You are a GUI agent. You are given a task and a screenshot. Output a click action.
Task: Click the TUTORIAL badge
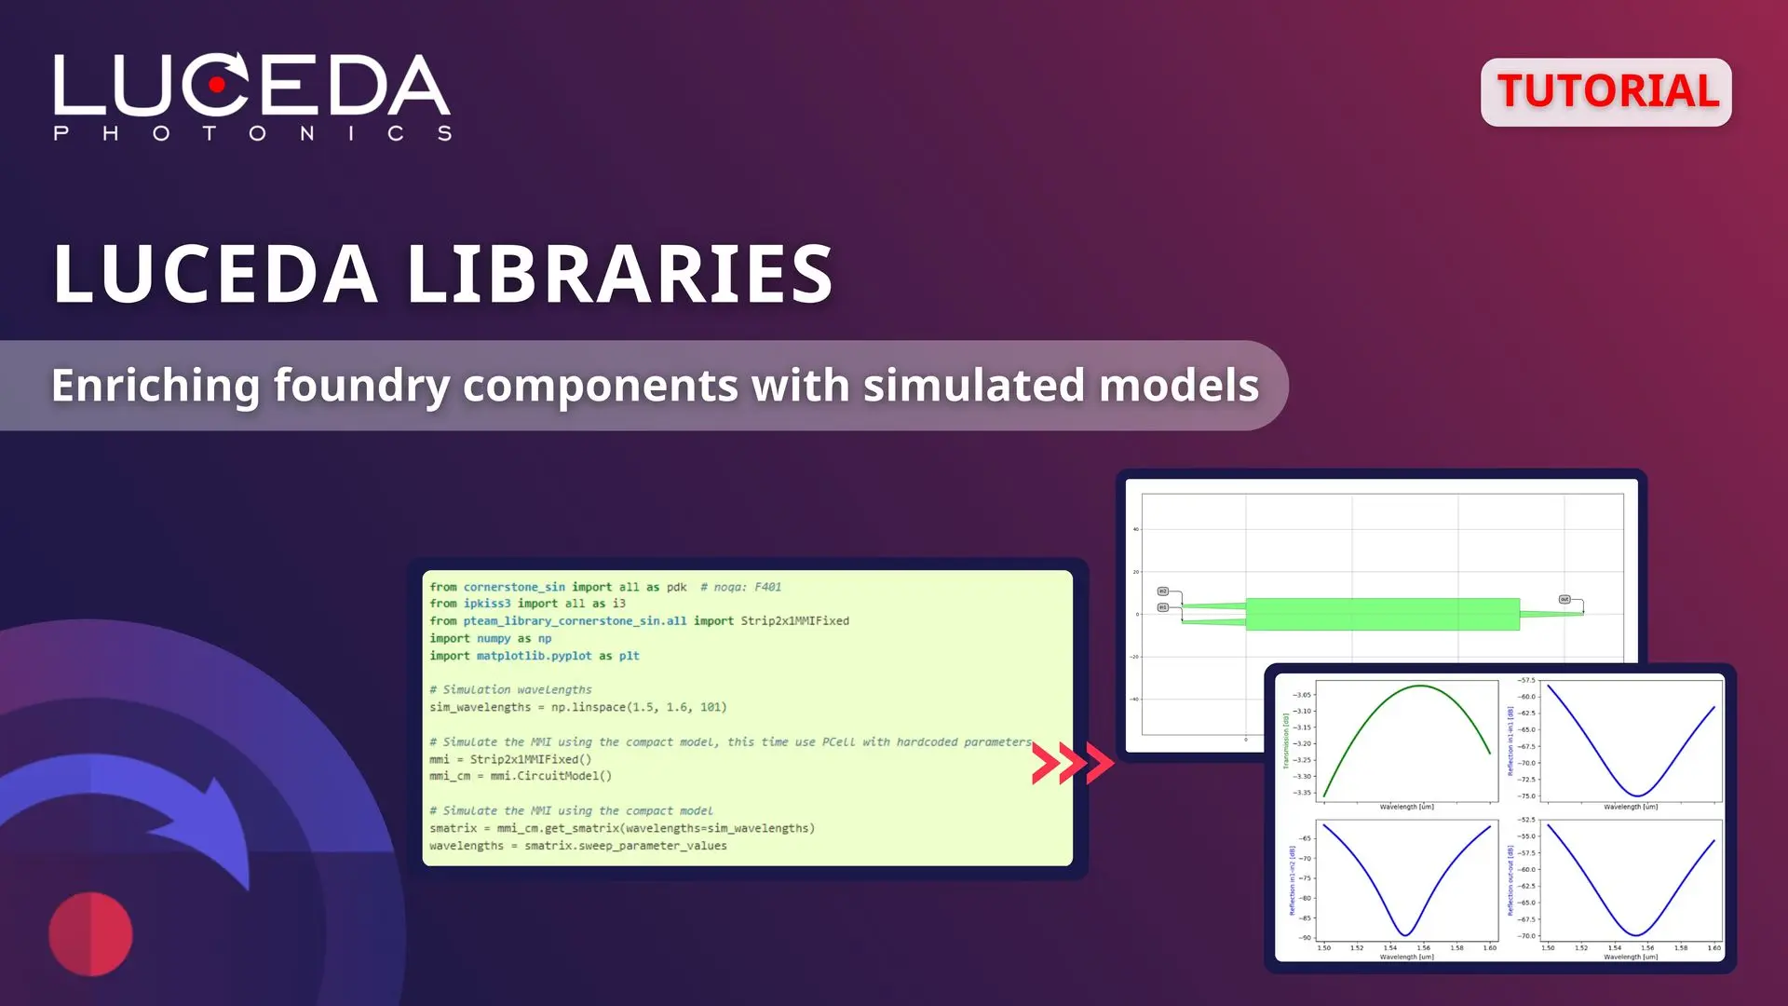point(1606,91)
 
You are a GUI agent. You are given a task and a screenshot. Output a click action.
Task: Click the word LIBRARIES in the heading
point(619,274)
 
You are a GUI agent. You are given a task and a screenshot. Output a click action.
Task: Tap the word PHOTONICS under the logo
point(252,133)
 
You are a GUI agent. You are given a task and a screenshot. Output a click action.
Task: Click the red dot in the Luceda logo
point(217,85)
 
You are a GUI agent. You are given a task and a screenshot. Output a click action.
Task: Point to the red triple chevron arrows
point(1072,763)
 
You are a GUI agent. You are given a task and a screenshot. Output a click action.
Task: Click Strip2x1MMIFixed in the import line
point(794,621)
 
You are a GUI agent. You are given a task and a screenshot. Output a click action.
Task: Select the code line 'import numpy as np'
point(490,639)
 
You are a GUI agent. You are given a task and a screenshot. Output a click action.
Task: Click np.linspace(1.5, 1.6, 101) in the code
point(638,708)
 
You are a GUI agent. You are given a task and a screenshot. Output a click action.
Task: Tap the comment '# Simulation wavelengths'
point(510,690)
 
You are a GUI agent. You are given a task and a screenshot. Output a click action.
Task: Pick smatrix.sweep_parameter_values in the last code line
point(625,846)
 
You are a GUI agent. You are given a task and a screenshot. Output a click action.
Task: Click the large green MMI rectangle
point(1382,615)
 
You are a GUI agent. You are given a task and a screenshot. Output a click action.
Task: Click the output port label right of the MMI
point(1564,600)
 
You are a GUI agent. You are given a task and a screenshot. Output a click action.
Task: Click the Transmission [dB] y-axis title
point(1286,741)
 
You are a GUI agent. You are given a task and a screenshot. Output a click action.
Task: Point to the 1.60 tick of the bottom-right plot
point(1713,948)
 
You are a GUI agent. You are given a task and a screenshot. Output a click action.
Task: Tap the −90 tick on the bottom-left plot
point(1306,938)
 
